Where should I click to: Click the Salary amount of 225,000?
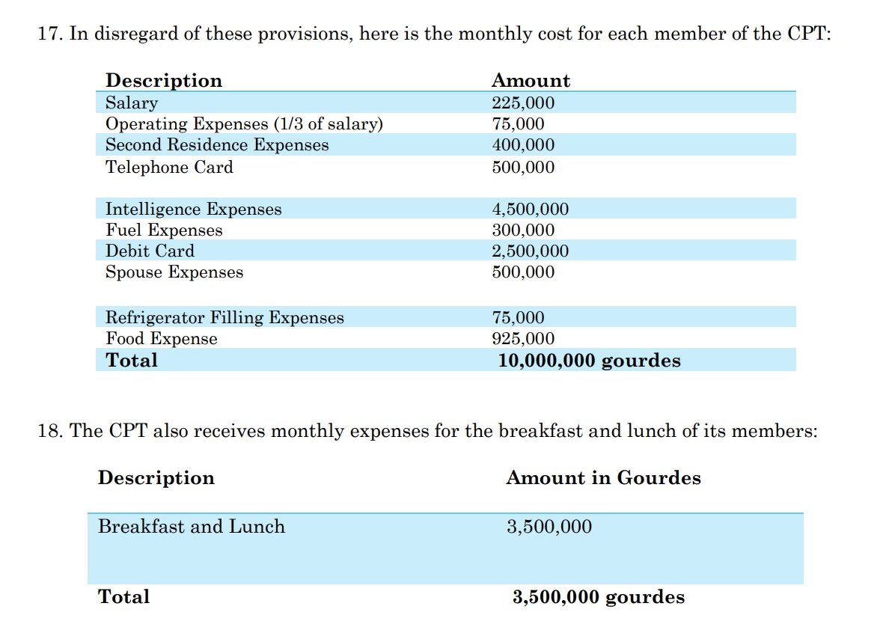[523, 103]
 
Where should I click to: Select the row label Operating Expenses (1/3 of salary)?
[244, 124]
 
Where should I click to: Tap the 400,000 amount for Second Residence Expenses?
[523, 145]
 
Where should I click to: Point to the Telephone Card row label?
[169, 167]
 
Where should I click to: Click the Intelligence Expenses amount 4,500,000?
[530, 209]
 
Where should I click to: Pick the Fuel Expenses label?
[164, 230]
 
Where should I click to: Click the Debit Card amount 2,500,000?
[530, 251]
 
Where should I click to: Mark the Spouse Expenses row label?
[174, 272]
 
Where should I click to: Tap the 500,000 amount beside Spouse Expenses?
[523, 272]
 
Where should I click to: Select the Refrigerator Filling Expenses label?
[224, 318]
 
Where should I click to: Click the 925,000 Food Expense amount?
[523, 339]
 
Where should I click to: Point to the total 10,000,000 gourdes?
[589, 361]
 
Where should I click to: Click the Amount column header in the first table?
[531, 81]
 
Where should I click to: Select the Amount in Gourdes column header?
[603, 478]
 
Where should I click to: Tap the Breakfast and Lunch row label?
[192, 527]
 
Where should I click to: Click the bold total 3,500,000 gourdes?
[598, 597]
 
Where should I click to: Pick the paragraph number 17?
[49, 35]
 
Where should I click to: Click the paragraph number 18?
[49, 432]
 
